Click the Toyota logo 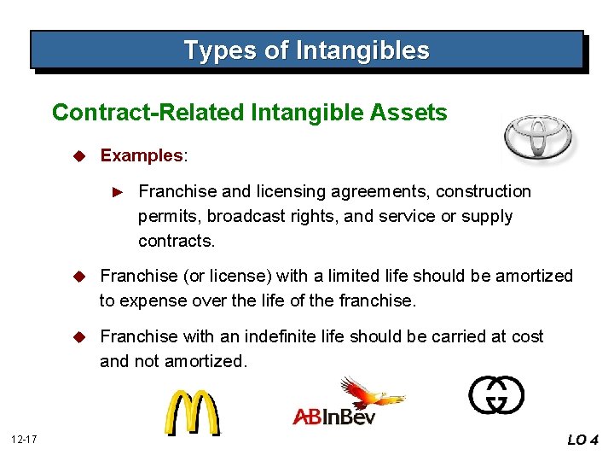point(538,137)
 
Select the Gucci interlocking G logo point(496,395)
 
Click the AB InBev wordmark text point(333,417)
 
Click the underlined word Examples point(142,155)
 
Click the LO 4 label point(583,441)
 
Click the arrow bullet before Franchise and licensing point(119,192)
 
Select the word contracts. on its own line point(177,241)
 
